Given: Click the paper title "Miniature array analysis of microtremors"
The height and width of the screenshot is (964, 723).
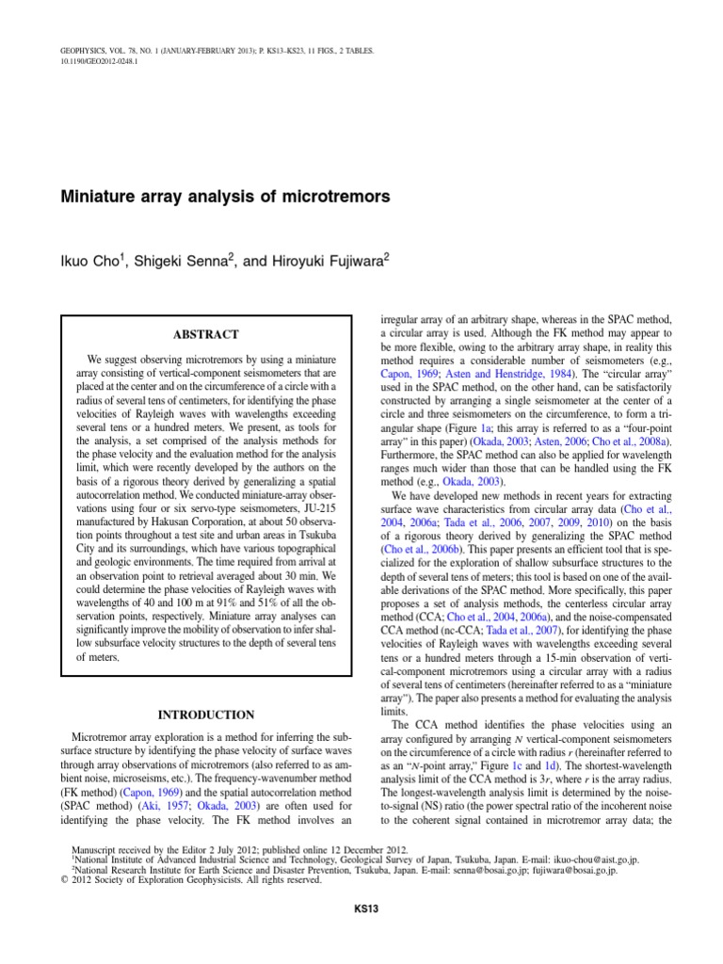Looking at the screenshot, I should pyautogui.click(x=224, y=199).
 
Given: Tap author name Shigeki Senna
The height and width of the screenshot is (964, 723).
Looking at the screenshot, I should pyautogui.click(x=183, y=261).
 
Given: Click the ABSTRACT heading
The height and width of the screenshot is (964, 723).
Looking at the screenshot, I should pyautogui.click(x=205, y=334).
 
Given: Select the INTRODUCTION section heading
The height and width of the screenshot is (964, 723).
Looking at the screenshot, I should pyautogui.click(x=205, y=715).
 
